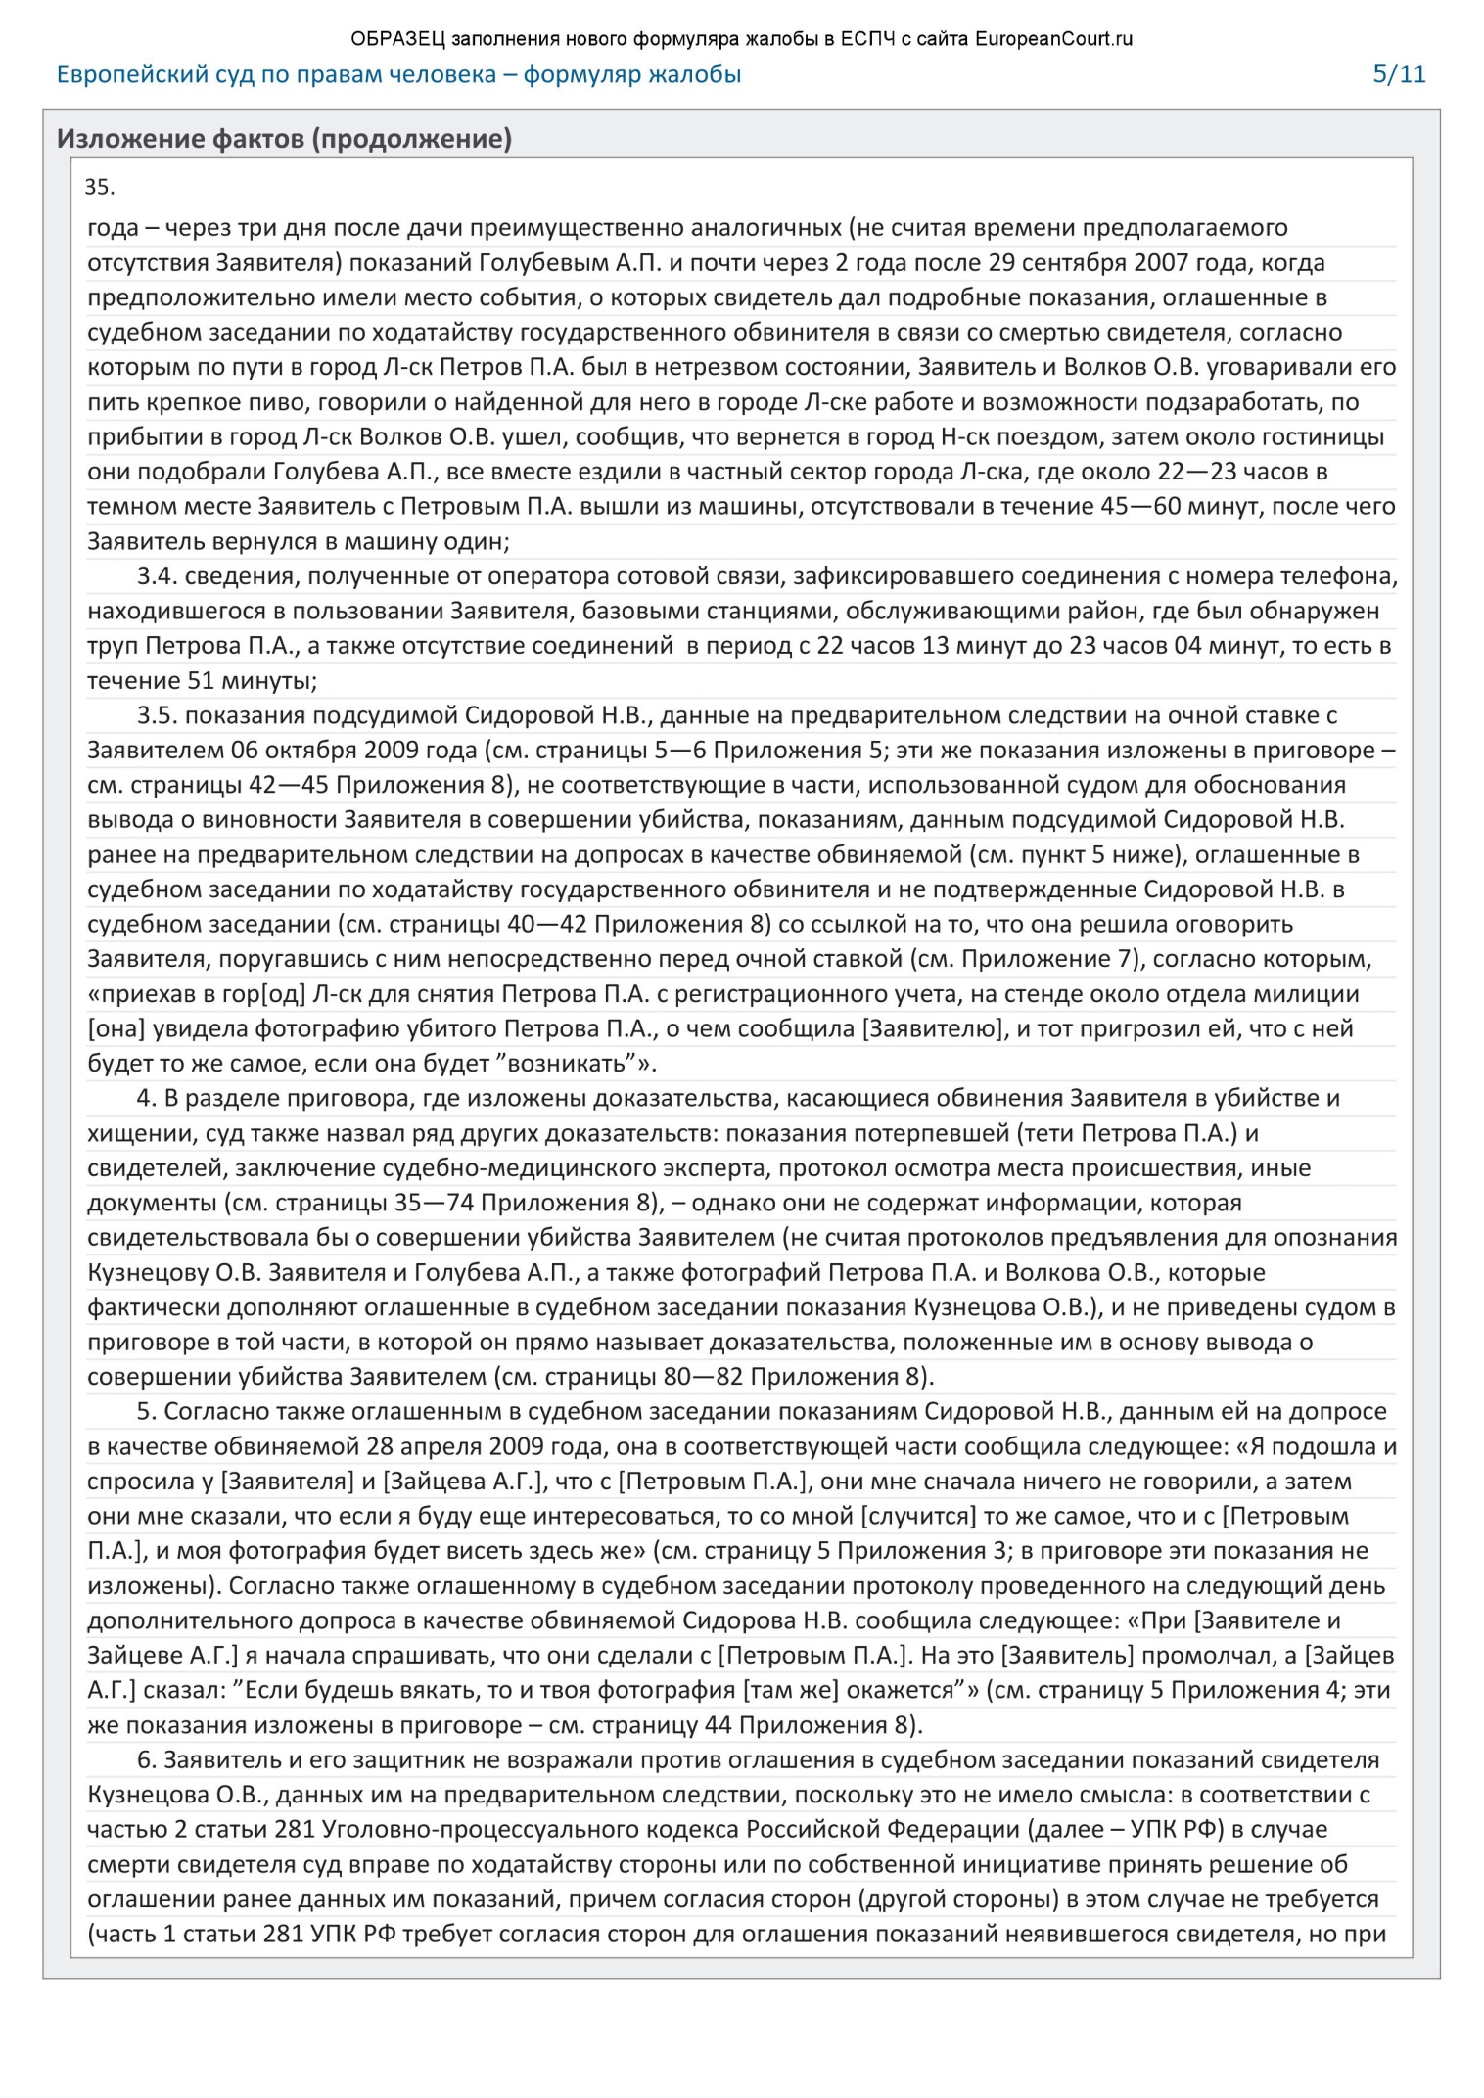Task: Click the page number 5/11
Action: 1399,74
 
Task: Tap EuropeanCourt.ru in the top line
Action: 1053,40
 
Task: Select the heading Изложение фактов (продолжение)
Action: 284,139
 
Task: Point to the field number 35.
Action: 100,187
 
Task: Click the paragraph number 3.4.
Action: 157,576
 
